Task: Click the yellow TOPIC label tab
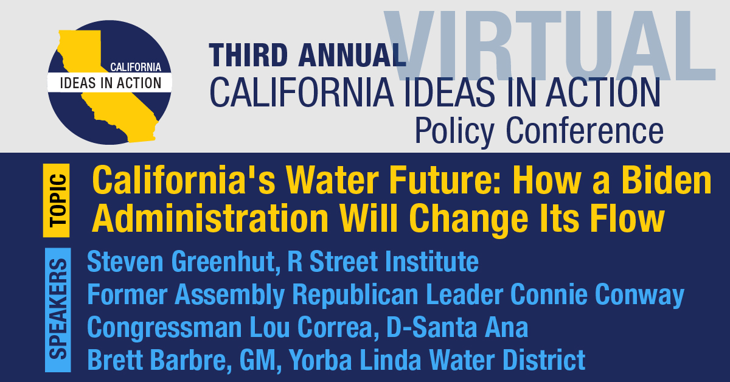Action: point(56,201)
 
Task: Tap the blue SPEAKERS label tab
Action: point(58,310)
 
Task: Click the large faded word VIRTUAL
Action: point(549,46)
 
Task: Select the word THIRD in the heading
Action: point(248,55)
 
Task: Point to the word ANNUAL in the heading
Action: point(352,55)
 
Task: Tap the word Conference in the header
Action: point(585,130)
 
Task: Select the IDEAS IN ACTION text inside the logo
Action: point(111,83)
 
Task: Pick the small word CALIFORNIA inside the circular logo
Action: point(136,67)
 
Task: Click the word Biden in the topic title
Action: point(667,180)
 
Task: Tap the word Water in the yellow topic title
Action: point(332,180)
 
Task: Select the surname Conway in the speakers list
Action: point(639,294)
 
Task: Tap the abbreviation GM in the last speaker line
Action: point(258,360)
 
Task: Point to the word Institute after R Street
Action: point(431,262)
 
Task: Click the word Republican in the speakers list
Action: point(355,294)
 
